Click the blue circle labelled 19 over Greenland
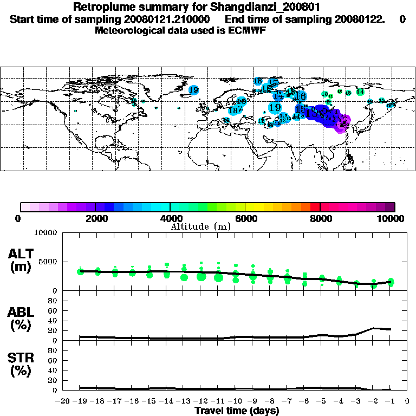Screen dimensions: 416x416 tap(193, 90)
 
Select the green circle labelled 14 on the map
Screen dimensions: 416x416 tap(360, 92)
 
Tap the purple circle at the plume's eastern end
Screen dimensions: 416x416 tap(342, 123)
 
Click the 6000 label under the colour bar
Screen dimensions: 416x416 tap(245, 219)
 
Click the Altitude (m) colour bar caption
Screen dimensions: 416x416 tap(201, 226)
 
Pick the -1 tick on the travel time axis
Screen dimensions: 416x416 tap(389, 401)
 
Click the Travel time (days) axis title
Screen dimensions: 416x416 tap(237, 411)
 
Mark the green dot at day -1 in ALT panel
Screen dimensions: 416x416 tap(391, 282)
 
